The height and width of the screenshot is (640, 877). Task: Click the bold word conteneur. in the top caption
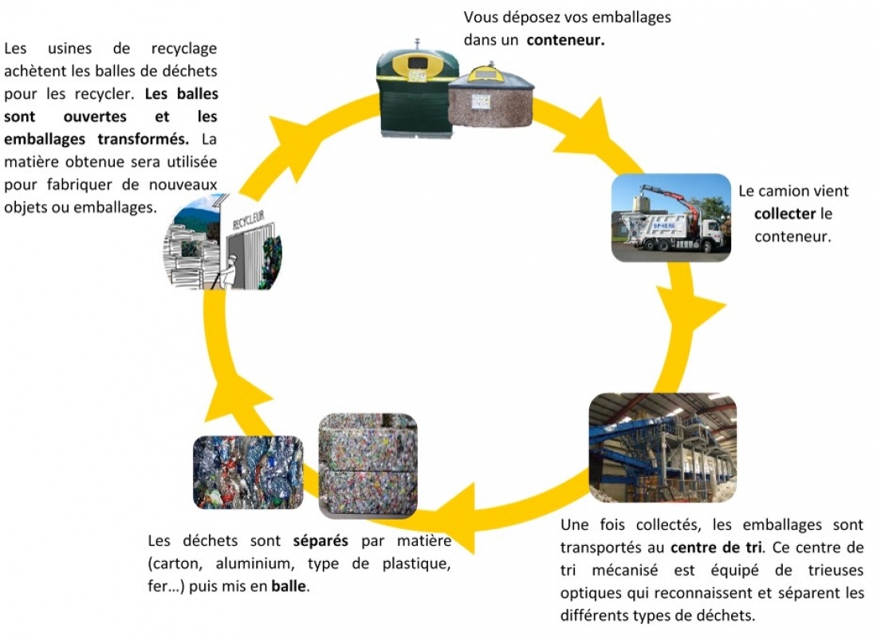click(564, 39)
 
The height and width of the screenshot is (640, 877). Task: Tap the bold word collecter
click(785, 214)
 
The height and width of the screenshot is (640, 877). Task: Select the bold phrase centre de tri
click(715, 547)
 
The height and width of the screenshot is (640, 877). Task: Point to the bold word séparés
click(321, 540)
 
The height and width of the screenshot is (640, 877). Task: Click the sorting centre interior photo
click(662, 447)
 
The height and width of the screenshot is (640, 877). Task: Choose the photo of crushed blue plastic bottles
click(248, 472)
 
